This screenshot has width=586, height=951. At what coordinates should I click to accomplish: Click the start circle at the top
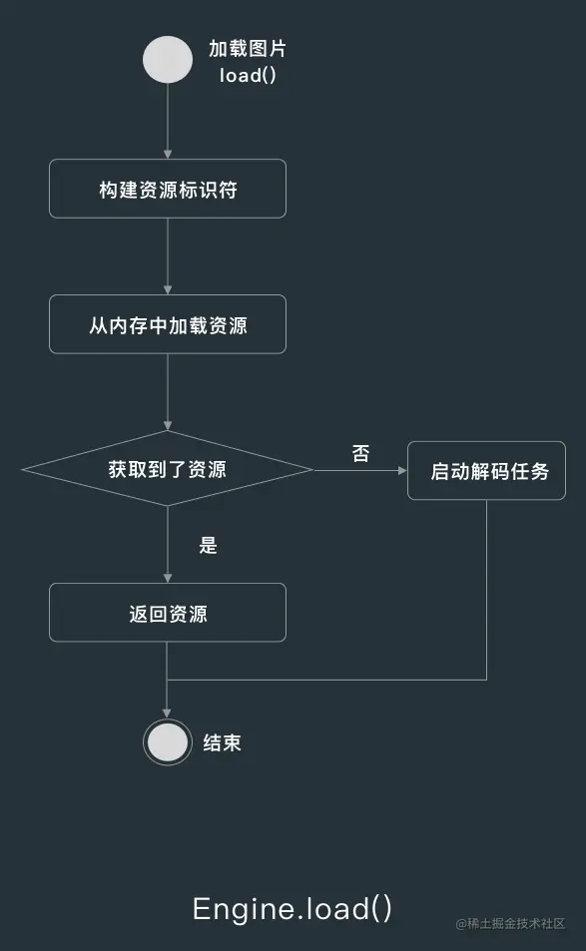tap(168, 60)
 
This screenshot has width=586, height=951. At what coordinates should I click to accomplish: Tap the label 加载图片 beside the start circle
tap(248, 49)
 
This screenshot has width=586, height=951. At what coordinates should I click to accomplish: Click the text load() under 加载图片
tap(248, 75)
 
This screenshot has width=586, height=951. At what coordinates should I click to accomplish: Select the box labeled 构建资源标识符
tap(168, 189)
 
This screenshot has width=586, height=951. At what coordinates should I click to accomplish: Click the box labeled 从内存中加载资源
tap(168, 324)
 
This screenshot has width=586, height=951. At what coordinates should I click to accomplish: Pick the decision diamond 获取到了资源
tap(168, 469)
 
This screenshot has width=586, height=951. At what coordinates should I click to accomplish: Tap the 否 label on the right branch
tap(361, 453)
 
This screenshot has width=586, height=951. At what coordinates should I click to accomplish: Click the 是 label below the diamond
tap(208, 545)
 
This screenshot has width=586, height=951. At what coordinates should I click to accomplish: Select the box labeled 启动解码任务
tap(486, 471)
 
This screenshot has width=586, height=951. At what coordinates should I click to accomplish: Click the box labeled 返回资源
tap(168, 613)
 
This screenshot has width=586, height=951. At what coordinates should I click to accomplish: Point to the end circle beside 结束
tap(168, 742)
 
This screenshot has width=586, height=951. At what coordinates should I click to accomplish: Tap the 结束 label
tap(222, 742)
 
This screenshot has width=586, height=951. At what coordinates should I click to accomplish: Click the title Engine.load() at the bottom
tap(293, 908)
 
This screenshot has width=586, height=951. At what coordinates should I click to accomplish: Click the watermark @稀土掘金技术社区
tap(511, 924)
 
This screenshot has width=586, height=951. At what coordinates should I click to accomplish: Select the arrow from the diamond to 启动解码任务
tap(360, 470)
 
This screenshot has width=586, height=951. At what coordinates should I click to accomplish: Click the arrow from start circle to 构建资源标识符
tap(168, 122)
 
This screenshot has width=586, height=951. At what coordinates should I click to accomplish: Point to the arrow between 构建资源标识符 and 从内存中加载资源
tap(168, 256)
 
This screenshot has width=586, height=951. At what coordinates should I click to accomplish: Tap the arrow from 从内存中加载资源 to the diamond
tap(168, 392)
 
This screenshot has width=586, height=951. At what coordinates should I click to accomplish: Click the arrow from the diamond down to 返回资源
tap(168, 545)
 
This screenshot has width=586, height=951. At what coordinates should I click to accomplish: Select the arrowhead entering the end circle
tap(167, 713)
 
